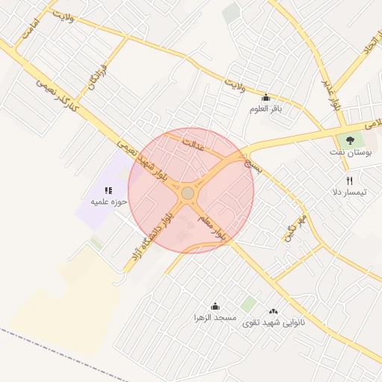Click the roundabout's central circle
tap(187, 193)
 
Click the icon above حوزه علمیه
tap(109, 190)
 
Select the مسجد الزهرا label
tap(215, 317)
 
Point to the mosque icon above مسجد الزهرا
tap(215, 306)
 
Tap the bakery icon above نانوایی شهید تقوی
tap(272, 312)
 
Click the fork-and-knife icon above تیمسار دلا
tap(349, 181)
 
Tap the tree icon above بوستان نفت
tap(349, 140)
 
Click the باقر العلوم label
tap(266, 109)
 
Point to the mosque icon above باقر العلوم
tap(266, 98)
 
